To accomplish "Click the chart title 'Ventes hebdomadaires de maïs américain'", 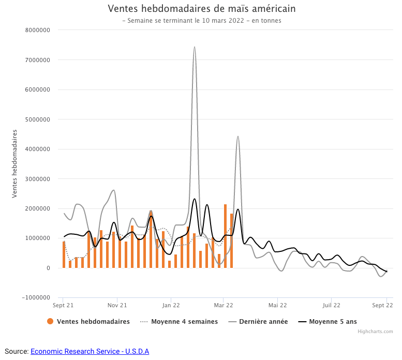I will click(x=202, y=9).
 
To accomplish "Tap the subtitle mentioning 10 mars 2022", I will click(x=202, y=21).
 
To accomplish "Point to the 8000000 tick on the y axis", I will click(x=37, y=30).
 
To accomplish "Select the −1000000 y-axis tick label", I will click(x=36, y=298).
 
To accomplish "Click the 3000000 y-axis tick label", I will click(x=37, y=179).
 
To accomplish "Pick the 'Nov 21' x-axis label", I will click(x=117, y=305).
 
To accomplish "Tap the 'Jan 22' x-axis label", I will click(x=171, y=305).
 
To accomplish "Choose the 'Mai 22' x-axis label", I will click(x=278, y=305).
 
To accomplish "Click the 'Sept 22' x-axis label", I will click(x=382, y=305).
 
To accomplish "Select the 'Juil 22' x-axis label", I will click(x=331, y=305).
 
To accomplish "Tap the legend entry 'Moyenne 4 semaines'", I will click(x=184, y=322).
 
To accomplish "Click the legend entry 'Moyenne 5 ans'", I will click(x=333, y=322).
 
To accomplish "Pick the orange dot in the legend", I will click(x=50, y=322).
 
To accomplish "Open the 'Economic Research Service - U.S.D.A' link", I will click(x=90, y=351).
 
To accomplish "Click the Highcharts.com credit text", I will click(x=375, y=332).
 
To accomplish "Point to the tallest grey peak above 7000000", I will click(x=195, y=47).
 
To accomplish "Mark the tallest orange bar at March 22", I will click(x=226, y=236).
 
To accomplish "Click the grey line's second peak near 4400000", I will click(x=238, y=137).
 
